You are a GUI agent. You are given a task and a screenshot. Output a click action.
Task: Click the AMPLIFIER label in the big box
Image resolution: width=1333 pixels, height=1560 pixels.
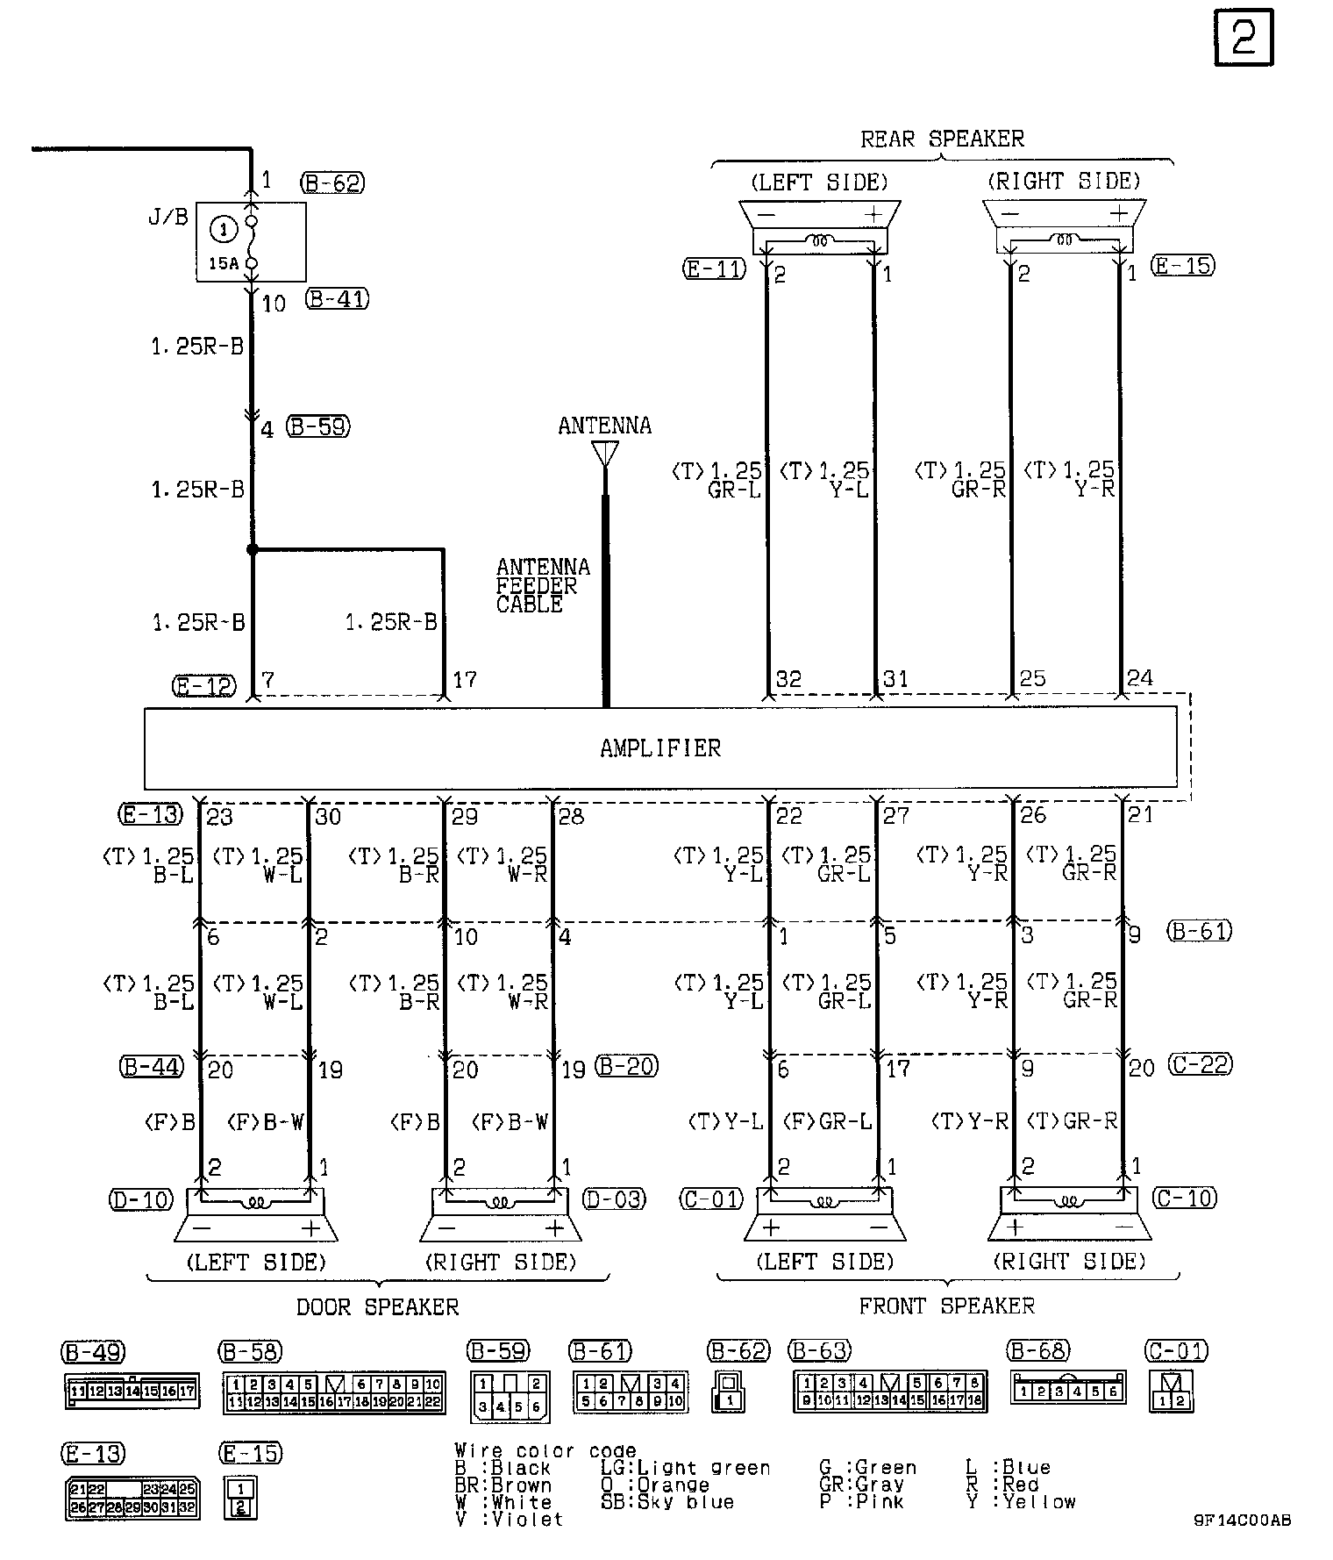click(x=660, y=748)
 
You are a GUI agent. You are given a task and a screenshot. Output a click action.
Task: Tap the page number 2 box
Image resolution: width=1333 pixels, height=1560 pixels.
click(x=1244, y=38)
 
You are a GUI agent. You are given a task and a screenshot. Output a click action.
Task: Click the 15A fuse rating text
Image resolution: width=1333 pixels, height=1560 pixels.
click(x=223, y=262)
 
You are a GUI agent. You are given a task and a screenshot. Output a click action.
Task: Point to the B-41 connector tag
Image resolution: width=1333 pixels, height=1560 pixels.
click(x=338, y=299)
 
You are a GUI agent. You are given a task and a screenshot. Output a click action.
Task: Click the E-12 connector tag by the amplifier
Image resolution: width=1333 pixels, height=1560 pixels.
click(x=204, y=686)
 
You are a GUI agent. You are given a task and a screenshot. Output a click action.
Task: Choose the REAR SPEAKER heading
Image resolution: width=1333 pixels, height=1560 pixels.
click(x=941, y=140)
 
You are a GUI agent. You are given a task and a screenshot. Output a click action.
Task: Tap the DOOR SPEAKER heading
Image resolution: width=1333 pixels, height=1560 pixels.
click(x=377, y=1307)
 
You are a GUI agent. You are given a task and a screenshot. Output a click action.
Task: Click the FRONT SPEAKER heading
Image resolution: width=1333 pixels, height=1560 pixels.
click(x=946, y=1306)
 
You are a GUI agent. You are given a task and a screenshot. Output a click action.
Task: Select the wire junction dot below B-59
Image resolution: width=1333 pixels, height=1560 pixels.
click(x=253, y=549)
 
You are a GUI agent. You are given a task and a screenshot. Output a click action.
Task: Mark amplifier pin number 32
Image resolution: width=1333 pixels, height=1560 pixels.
click(x=788, y=679)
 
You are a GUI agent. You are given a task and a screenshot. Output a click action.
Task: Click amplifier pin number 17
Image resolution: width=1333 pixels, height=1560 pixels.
click(x=464, y=680)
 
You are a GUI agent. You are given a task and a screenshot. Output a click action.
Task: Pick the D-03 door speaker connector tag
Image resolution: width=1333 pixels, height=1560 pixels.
click(x=614, y=1199)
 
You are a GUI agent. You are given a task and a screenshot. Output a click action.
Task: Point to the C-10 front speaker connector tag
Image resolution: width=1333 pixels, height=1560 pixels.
click(x=1185, y=1198)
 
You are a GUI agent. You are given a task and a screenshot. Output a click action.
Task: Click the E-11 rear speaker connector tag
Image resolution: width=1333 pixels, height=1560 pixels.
click(x=714, y=269)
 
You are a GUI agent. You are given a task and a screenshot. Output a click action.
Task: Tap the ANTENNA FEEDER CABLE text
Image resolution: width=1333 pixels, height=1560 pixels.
click(x=541, y=585)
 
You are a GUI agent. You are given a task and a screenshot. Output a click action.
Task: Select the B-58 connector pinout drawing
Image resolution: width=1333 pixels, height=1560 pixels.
click(x=334, y=1393)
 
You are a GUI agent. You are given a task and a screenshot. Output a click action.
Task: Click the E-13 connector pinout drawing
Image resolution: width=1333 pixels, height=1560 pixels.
click(x=132, y=1499)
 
